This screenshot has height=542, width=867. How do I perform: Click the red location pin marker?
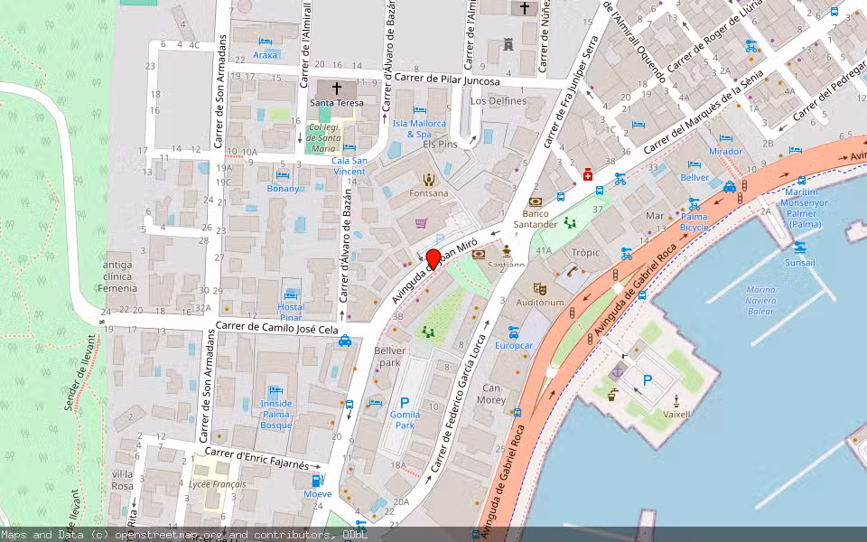[x=433, y=258]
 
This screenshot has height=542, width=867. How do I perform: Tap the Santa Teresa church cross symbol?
[x=337, y=89]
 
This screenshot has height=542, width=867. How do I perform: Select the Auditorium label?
[x=542, y=303]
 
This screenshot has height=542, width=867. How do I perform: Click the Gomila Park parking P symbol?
[x=405, y=403]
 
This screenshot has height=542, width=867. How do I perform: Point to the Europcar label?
[x=514, y=345]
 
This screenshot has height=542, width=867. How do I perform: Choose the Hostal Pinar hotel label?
[x=291, y=313]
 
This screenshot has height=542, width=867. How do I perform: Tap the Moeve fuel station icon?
[x=317, y=480]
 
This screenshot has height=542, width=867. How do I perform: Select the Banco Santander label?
[x=536, y=219]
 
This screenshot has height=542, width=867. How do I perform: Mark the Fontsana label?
[x=428, y=192]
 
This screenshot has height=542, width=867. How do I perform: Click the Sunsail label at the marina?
[x=799, y=262]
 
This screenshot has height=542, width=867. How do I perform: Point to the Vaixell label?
[x=676, y=414]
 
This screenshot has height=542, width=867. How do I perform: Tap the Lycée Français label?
[x=217, y=484]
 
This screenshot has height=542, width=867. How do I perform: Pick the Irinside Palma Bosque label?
[x=276, y=414]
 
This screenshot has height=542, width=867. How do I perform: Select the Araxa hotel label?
[x=266, y=54]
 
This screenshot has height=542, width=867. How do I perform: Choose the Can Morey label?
[x=491, y=394]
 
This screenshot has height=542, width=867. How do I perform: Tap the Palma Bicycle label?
[x=694, y=222]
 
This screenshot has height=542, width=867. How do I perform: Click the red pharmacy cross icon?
[x=588, y=173]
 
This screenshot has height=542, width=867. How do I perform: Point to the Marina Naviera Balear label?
[x=760, y=300]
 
